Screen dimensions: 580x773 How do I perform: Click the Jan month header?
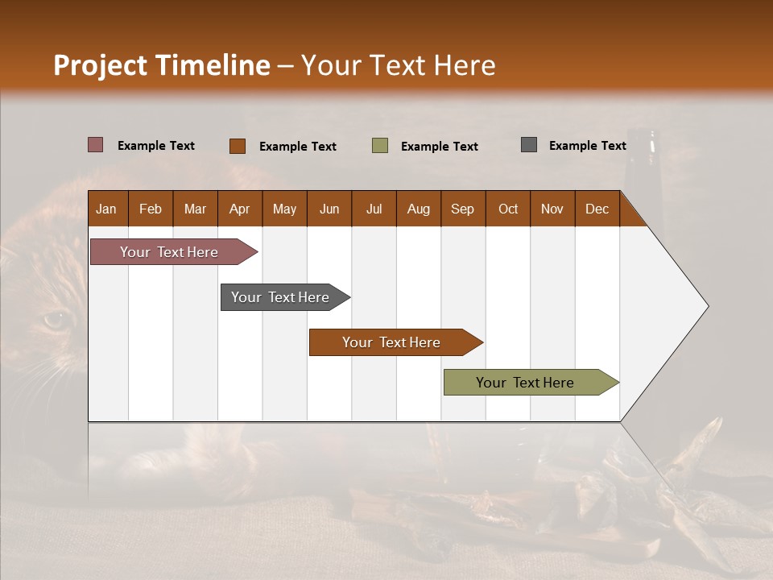pos(106,209)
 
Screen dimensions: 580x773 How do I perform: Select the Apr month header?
pos(239,209)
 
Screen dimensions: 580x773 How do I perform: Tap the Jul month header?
pos(374,209)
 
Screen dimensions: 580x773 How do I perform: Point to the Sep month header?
pos(462,209)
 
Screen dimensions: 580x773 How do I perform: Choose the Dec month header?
pos(597,209)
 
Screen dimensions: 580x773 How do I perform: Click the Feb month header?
pos(151,209)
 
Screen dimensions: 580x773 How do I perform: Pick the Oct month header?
pos(508,209)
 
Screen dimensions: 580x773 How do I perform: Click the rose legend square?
pos(95,145)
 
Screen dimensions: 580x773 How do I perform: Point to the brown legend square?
pos(237,146)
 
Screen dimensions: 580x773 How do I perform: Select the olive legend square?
pos(380,146)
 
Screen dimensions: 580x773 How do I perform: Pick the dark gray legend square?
pos(528,145)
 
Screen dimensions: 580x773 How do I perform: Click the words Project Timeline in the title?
pos(161,65)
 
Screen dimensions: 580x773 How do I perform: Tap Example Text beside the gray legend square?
pos(587,146)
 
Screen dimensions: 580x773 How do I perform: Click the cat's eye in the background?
pos(55,321)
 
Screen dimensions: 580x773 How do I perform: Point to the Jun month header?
pos(329,209)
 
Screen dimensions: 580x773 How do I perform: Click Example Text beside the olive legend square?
pos(439,147)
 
